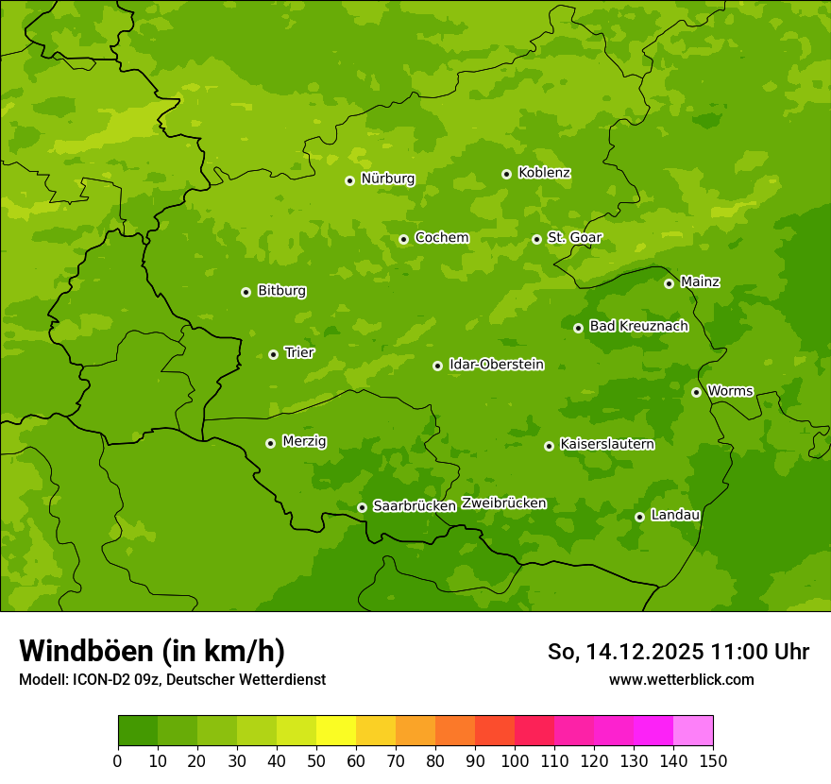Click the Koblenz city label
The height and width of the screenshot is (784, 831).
click(x=544, y=173)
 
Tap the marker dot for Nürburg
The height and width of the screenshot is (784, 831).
click(x=349, y=180)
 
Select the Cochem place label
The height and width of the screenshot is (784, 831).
click(x=441, y=237)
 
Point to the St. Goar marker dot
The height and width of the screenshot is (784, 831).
click(x=536, y=239)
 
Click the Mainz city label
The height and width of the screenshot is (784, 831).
click(x=700, y=281)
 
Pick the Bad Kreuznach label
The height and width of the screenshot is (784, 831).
click(x=638, y=326)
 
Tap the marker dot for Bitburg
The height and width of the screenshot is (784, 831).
click(x=246, y=292)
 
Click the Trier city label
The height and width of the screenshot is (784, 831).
click(x=299, y=352)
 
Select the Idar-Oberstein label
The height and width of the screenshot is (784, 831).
click(x=496, y=364)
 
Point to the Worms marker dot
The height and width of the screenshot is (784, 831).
click(x=696, y=392)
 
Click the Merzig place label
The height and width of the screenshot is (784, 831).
click(x=304, y=441)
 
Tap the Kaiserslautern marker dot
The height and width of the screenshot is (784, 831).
click(x=549, y=446)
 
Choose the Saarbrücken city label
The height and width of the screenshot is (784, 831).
click(x=414, y=505)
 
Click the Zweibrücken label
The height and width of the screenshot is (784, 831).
click(x=503, y=503)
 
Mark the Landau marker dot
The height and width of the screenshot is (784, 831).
click(x=639, y=517)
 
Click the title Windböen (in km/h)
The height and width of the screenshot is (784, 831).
click(x=151, y=651)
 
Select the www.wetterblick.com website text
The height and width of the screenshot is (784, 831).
click(x=681, y=679)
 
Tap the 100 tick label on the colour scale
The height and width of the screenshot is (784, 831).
click(x=515, y=760)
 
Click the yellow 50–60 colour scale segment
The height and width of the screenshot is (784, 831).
click(x=336, y=730)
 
